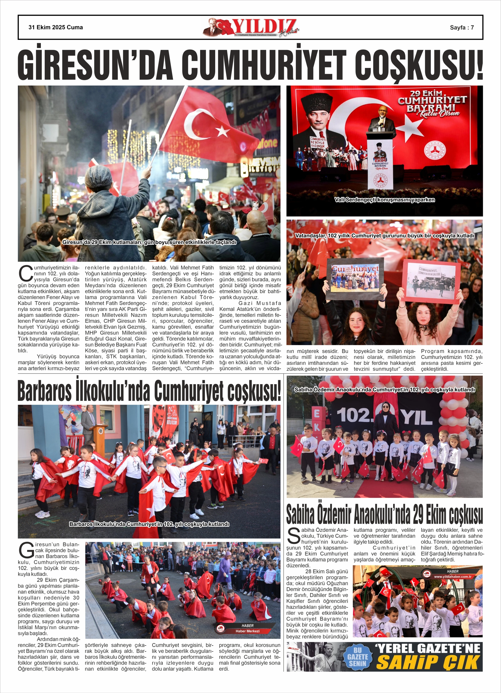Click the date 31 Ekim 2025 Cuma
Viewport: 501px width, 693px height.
coord(56,27)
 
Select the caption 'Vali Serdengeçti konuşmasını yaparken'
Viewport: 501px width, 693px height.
coord(384,200)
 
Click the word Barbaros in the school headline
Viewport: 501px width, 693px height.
coord(45,391)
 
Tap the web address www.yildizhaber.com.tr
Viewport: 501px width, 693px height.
coord(453,577)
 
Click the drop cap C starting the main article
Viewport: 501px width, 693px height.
coord(26,274)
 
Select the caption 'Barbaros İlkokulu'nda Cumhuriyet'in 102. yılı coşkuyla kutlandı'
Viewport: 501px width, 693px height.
coord(149,524)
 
